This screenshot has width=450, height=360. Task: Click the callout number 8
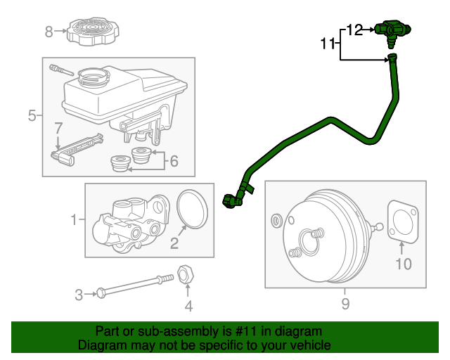pos(49,31)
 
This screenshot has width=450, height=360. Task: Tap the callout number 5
pos(32,115)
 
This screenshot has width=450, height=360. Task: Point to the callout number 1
pos(74,221)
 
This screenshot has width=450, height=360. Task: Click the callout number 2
pos(174,244)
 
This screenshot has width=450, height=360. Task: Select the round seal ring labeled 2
pos(192,209)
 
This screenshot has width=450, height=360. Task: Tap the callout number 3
pos(79,293)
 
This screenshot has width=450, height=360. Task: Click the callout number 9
pos(345,304)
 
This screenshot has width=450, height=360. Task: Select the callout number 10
pos(403,264)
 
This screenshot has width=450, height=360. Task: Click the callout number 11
pos(328,44)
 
